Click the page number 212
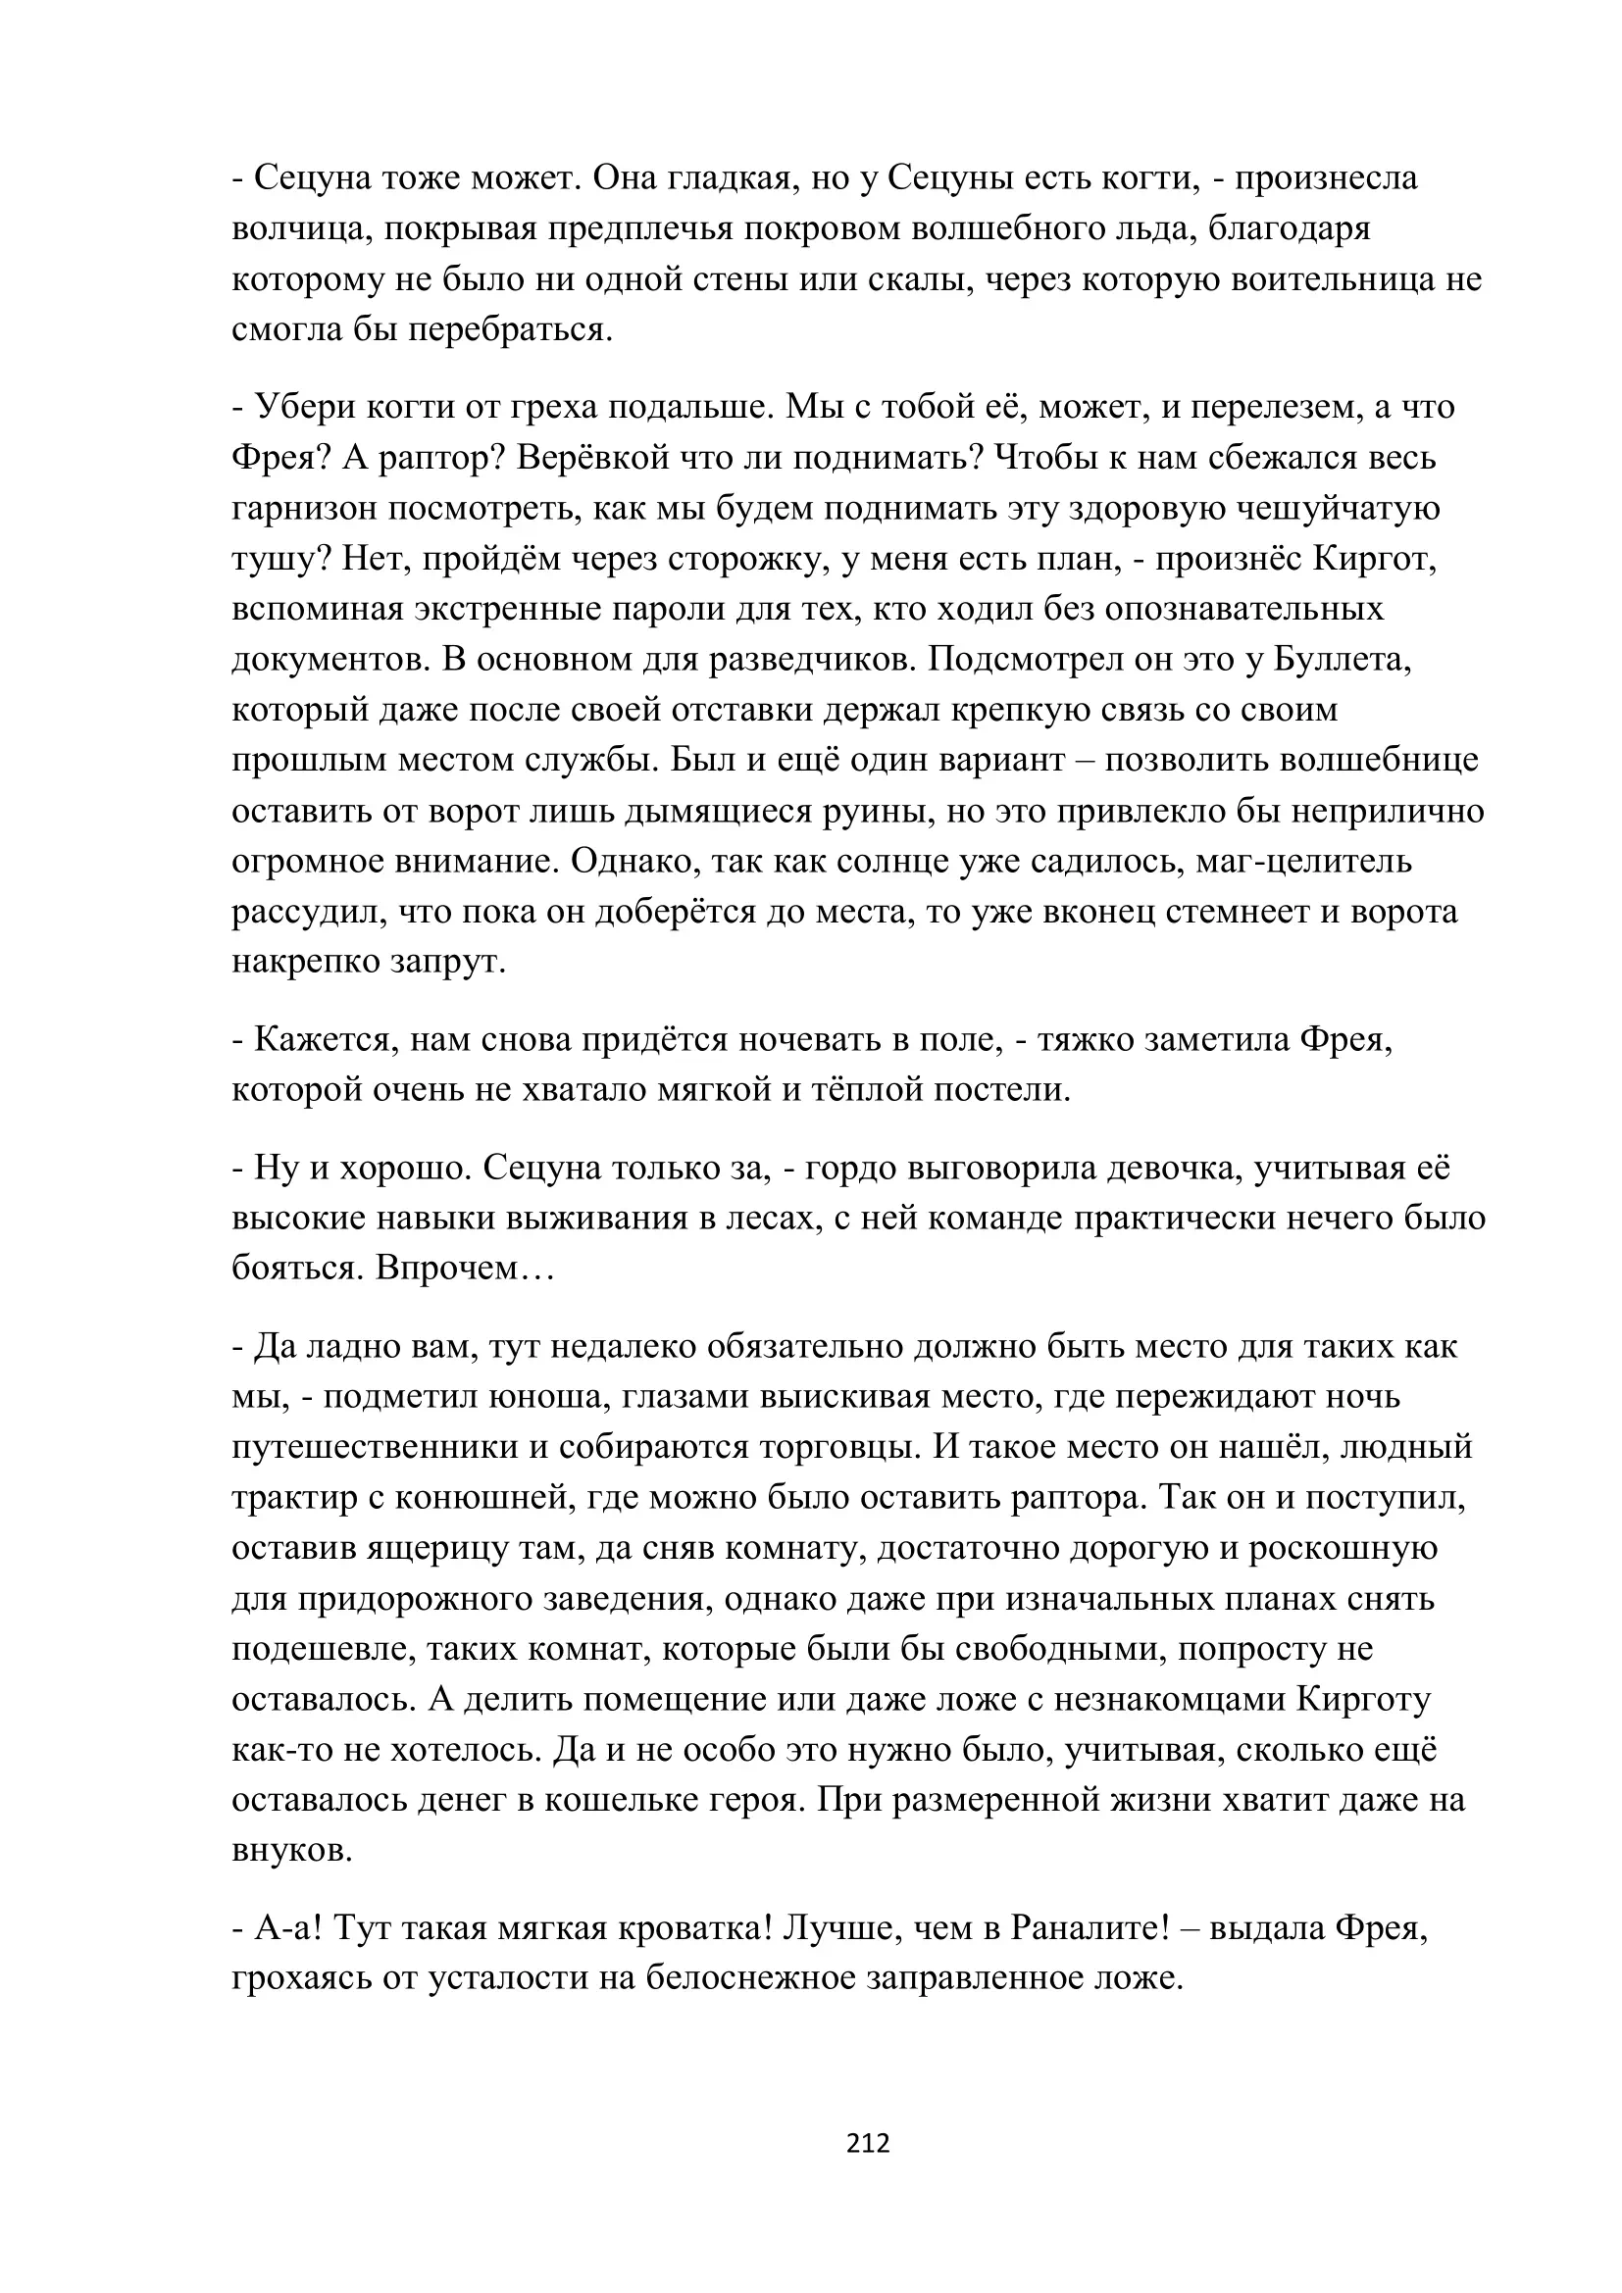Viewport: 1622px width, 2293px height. (867, 2142)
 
